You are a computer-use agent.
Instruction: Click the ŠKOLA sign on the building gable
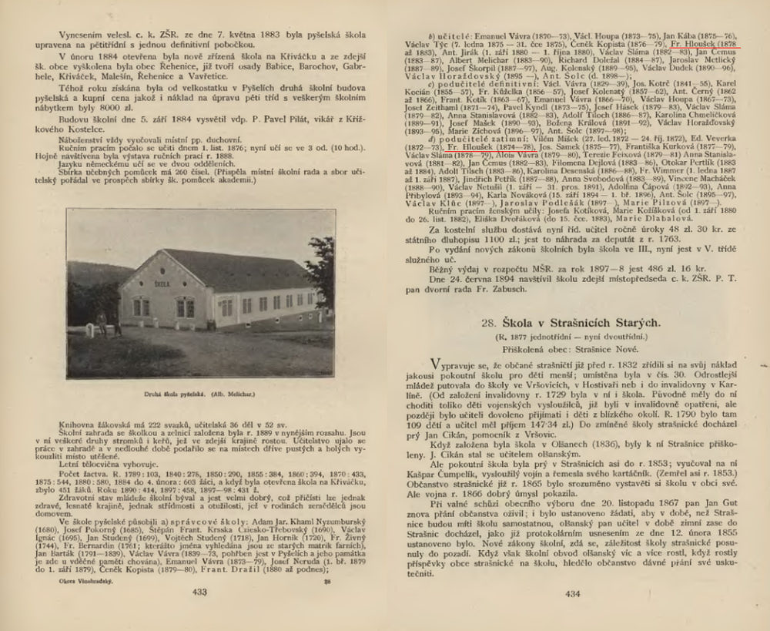coord(162,284)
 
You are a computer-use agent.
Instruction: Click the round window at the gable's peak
coord(162,265)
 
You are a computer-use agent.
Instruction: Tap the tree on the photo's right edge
coord(324,269)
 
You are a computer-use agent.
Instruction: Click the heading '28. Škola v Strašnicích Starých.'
coord(571,324)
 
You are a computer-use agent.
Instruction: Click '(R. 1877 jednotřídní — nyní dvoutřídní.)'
coord(571,337)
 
